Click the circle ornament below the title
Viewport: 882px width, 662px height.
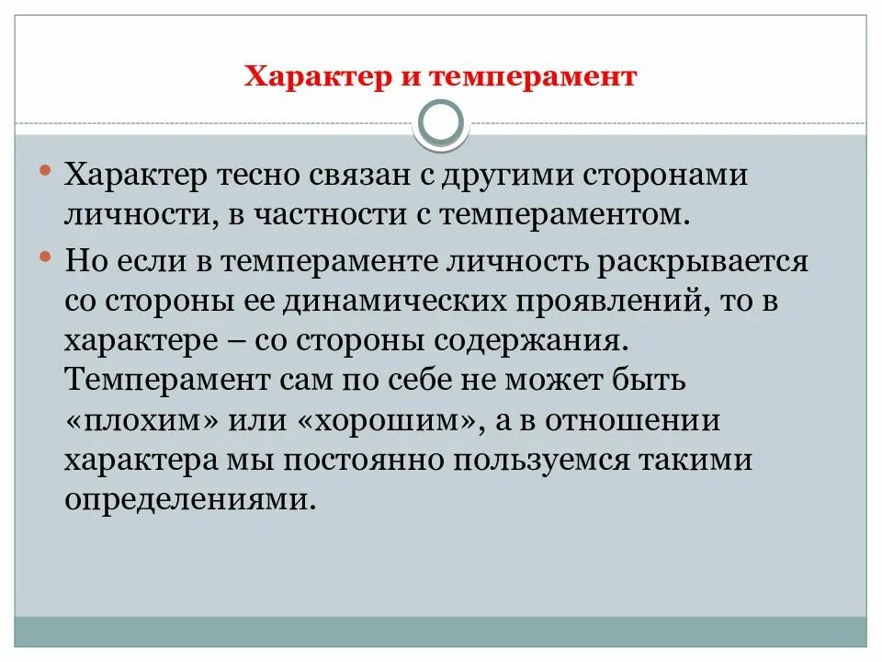[442, 124]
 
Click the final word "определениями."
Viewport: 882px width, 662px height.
[192, 501]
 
